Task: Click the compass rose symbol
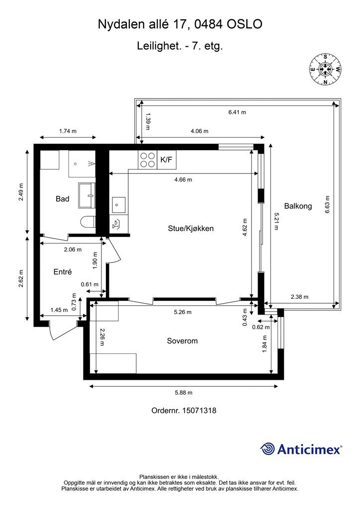coord(325,69)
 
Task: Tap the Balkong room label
coord(298,206)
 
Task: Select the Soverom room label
coord(182,341)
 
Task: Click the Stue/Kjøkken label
coord(190,228)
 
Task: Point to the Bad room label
coord(62,199)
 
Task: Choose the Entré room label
coord(63,272)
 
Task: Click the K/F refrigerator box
coord(166,160)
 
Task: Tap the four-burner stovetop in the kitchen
coord(147,160)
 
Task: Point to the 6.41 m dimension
coord(237,112)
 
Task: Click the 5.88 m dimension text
coord(184,393)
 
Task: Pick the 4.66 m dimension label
coord(183,179)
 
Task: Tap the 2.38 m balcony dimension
coord(300,297)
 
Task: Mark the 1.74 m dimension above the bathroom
coord(68,131)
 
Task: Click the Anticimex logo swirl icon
coord(268,449)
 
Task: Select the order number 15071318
coord(199,410)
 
